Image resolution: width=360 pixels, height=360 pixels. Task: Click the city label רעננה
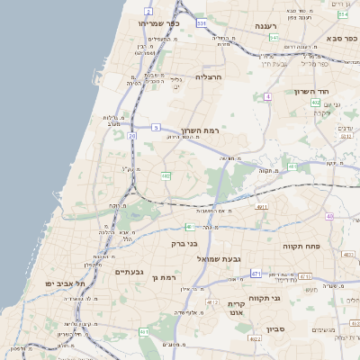[x=270, y=26]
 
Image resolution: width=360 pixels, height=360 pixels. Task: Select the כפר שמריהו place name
[x=159, y=23]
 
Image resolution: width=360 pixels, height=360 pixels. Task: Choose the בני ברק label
[x=184, y=243]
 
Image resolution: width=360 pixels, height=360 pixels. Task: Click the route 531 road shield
[x=202, y=22]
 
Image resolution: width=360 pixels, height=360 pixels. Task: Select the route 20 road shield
[x=132, y=136]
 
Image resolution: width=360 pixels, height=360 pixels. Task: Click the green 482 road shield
[x=166, y=175]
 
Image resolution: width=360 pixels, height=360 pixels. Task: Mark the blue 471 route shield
[x=256, y=273]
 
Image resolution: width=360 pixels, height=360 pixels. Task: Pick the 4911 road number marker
[x=262, y=207]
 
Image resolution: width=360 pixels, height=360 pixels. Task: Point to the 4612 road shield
[x=212, y=302]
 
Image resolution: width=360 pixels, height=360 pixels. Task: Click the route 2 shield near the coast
[x=147, y=11]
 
